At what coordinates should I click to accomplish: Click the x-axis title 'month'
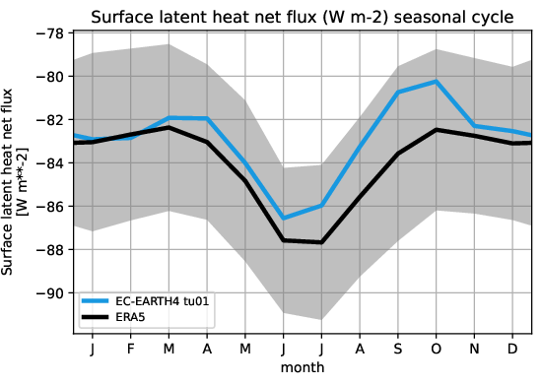tap(304, 367)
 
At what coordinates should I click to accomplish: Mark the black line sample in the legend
tap(100, 317)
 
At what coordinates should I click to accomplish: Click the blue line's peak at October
tap(436, 82)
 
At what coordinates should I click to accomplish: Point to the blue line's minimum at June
tap(283, 219)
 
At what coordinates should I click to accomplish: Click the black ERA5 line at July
tap(321, 242)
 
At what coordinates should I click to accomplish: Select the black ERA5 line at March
tap(169, 128)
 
